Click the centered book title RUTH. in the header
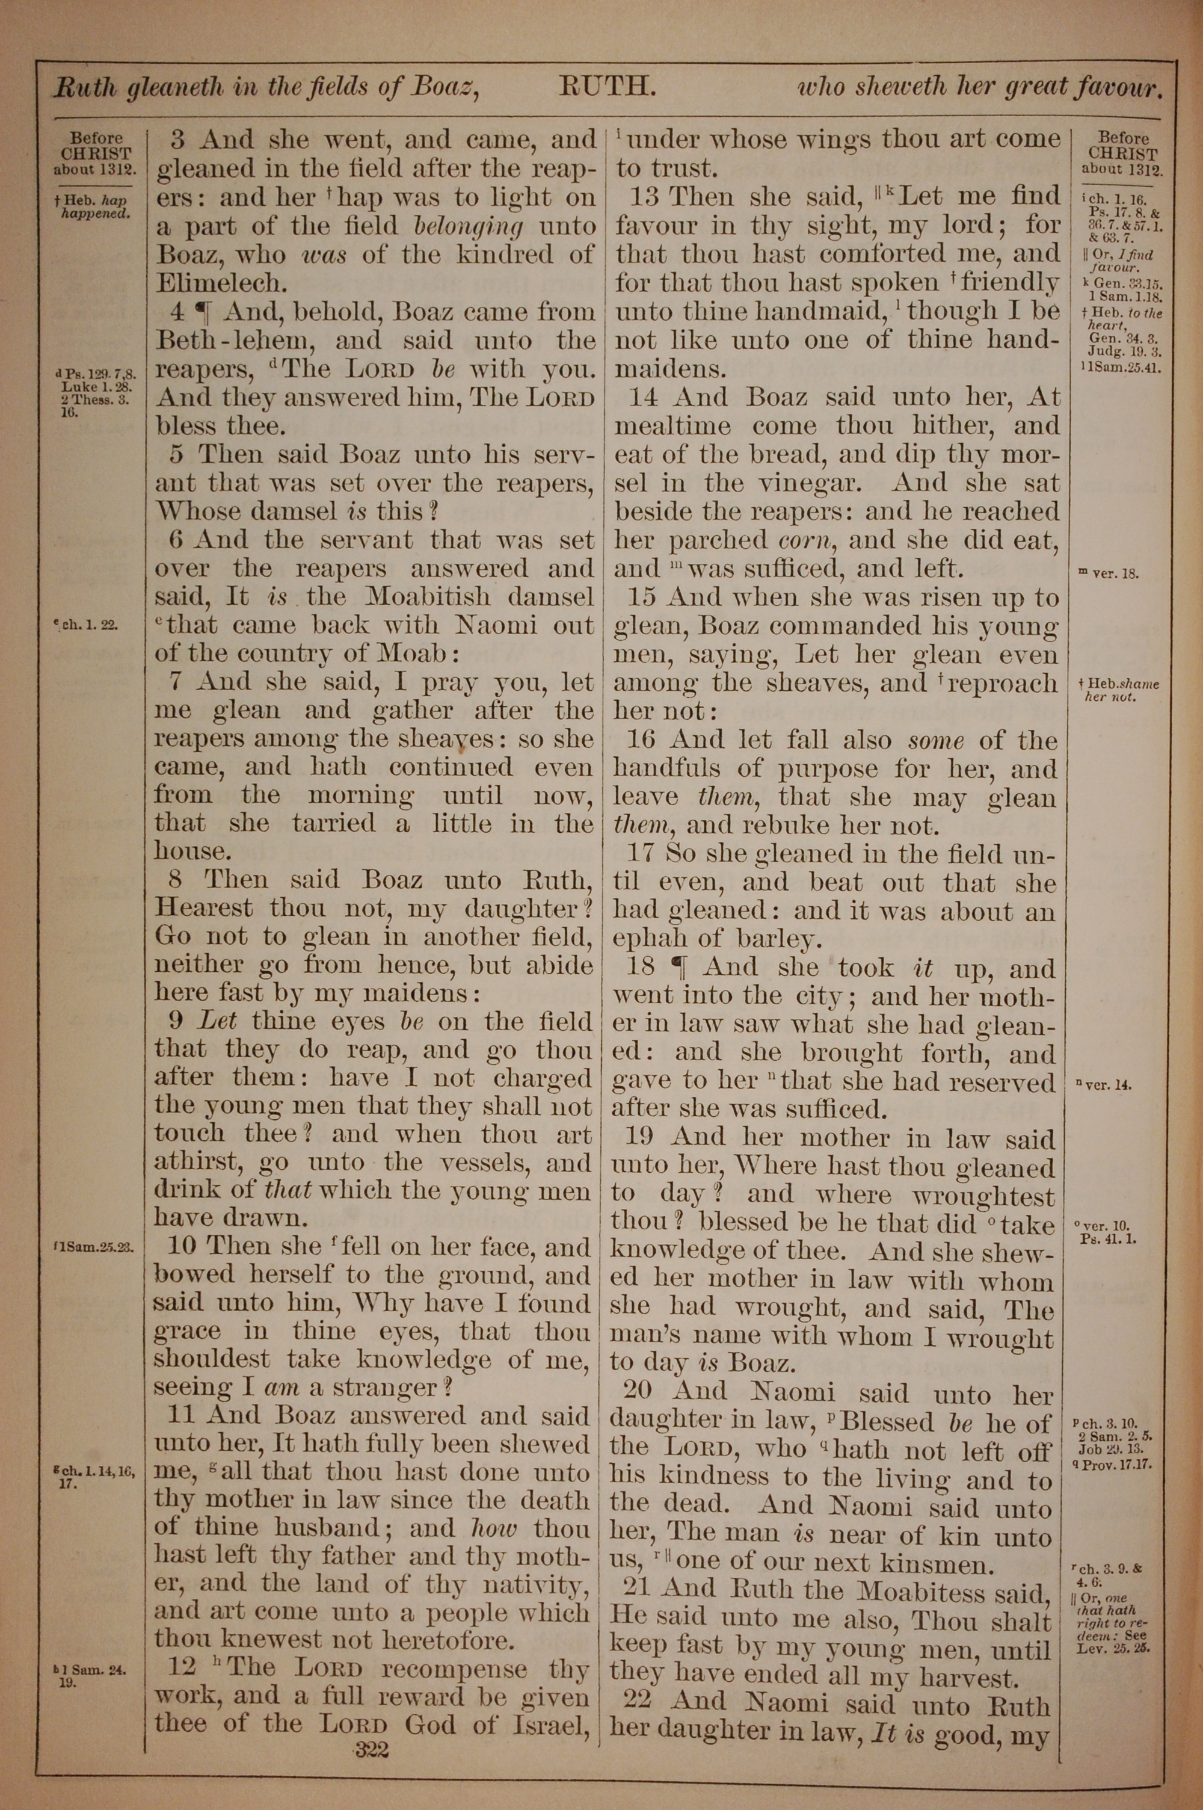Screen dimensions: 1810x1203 pos(608,86)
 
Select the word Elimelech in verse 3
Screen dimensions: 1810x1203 pos(220,283)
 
